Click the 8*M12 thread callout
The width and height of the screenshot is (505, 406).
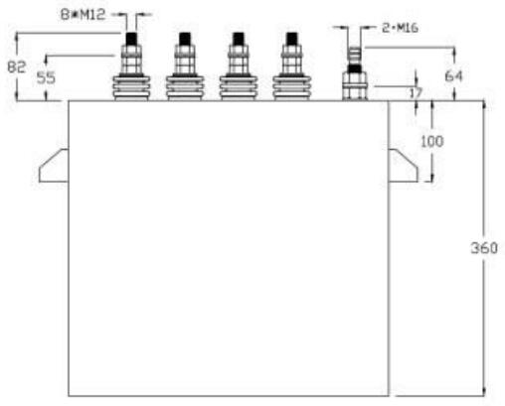83,14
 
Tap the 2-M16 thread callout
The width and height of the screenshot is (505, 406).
400,28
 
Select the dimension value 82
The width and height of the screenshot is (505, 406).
16,68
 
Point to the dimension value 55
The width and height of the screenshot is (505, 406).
46,78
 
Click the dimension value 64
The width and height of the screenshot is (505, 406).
453,76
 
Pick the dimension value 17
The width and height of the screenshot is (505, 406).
416,93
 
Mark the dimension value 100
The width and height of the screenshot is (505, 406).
431,142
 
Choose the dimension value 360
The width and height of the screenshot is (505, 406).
484,248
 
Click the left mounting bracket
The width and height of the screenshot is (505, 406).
54,166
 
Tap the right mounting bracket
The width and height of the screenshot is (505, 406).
403,166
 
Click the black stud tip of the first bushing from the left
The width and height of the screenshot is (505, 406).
131,39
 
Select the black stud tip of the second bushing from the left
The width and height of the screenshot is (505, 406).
185,39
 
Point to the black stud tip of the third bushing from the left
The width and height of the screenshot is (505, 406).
239,39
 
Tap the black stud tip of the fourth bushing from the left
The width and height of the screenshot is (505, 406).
291,39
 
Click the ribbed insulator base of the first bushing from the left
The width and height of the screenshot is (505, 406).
131,88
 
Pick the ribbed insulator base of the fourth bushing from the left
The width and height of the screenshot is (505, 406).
291,88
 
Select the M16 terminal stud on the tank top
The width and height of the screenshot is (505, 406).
355,73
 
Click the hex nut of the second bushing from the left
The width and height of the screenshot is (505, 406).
185,60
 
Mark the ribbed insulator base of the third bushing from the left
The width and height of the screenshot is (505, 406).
239,88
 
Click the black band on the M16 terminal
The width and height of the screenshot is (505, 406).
355,68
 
